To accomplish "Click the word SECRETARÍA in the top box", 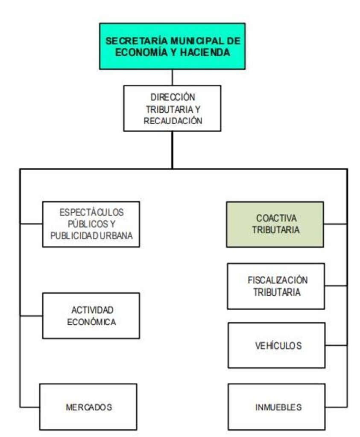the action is coord(137,41).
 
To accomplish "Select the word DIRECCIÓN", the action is coord(173,97).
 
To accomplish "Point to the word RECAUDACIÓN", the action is coord(173,121).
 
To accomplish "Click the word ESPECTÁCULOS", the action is coord(91,212).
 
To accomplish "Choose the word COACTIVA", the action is coord(276,218).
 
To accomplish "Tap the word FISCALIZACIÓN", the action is coord(278,280).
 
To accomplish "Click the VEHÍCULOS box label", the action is coord(278,346).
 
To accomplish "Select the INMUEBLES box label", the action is coord(278,407).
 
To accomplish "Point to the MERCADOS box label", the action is coord(89,407).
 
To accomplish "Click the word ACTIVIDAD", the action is coord(92,310).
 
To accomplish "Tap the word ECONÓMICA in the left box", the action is coord(91,322).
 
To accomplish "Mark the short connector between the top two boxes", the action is coord(173,78).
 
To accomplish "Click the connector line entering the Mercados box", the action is coord(29,407).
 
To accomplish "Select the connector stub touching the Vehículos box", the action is coord(336,345).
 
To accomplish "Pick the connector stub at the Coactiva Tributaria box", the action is coord(336,224).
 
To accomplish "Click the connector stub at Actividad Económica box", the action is coord(31,316).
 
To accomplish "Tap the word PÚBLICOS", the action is coord(91,224).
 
